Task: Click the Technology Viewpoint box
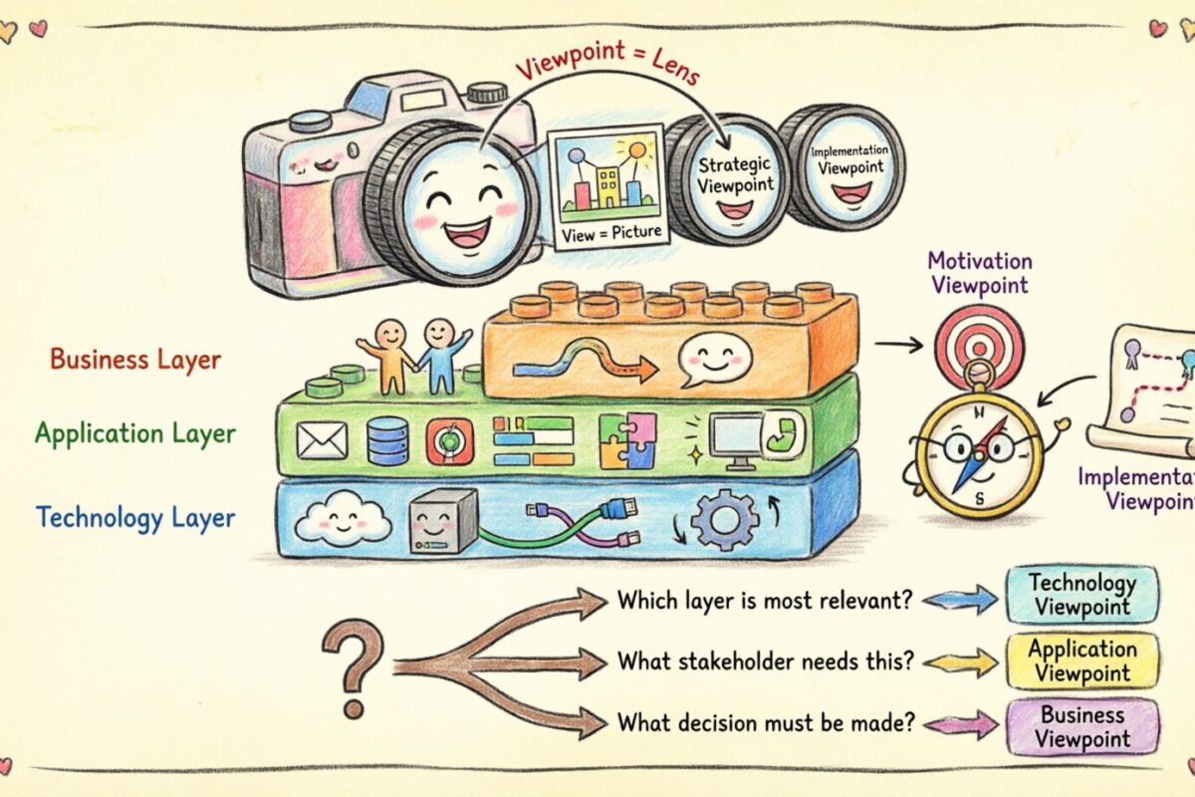(x=1081, y=595)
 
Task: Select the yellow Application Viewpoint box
(x=1081, y=662)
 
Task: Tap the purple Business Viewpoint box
(x=1081, y=726)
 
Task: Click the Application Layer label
(x=135, y=433)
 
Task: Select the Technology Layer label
(x=135, y=517)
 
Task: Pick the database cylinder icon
(x=387, y=440)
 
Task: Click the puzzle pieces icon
(x=627, y=440)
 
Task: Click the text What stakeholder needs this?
(x=766, y=662)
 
